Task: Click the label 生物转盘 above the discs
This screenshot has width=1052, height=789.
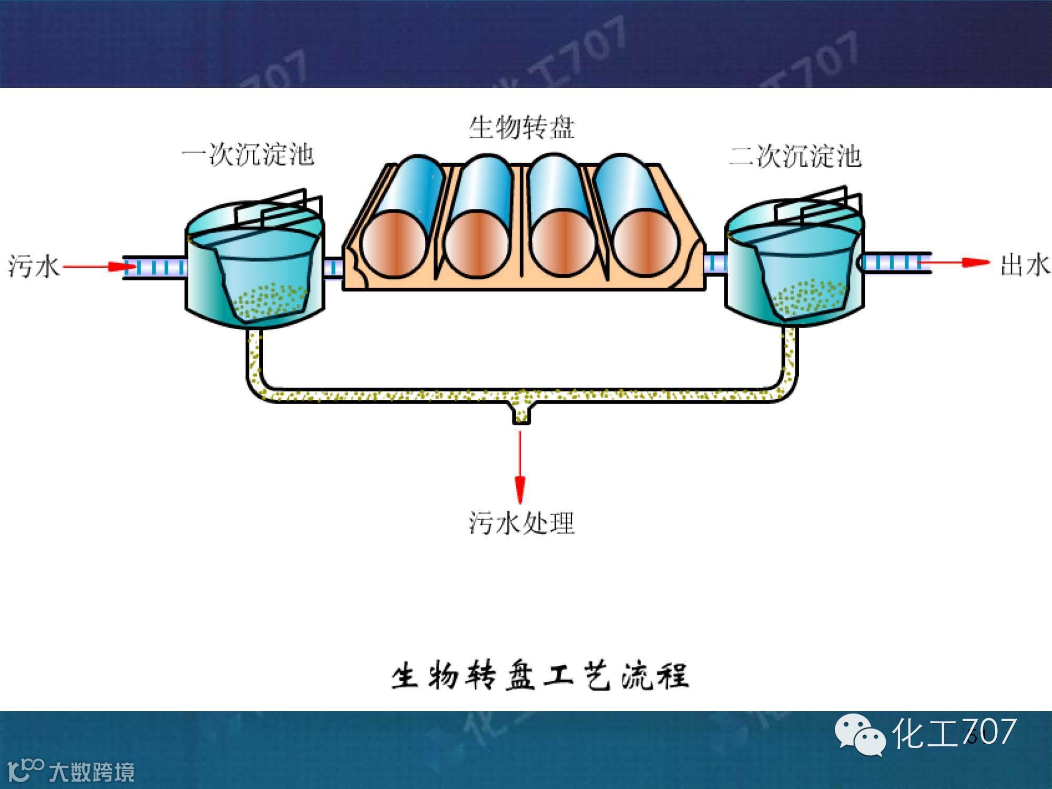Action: [x=521, y=128]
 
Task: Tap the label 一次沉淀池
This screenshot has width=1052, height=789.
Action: [x=248, y=155]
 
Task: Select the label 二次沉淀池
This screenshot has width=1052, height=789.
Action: [x=795, y=156]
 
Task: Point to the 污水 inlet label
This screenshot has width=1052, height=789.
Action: [x=33, y=266]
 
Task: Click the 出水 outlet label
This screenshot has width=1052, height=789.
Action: [x=1024, y=265]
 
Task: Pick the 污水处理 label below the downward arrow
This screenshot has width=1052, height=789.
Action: [x=521, y=523]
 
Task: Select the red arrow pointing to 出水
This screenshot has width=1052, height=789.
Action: [x=955, y=262]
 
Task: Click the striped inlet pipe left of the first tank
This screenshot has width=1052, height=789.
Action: [x=155, y=267]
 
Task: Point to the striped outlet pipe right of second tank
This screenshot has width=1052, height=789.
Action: [x=894, y=262]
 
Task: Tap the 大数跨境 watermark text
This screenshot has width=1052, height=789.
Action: [x=92, y=772]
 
